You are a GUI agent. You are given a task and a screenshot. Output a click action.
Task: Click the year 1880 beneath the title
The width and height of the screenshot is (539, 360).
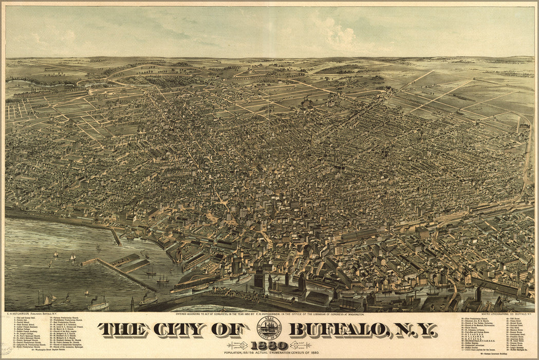[270, 346]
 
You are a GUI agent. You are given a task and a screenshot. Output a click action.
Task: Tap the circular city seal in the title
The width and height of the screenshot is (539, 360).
[269, 327]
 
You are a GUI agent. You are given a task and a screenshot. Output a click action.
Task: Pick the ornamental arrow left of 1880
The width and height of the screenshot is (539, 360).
[240, 346]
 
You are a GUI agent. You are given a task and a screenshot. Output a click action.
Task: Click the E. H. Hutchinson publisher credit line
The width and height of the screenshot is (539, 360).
[29, 313]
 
